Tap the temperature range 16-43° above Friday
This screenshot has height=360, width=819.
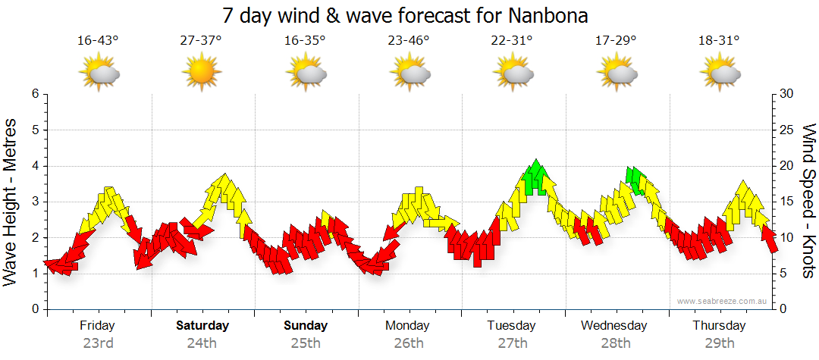click(98, 40)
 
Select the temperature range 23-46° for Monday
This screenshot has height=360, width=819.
click(408, 40)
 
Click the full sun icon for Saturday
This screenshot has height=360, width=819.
click(201, 74)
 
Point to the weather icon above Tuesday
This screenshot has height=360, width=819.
click(512, 74)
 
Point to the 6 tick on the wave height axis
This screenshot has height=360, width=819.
click(34, 94)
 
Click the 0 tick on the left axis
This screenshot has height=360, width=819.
click(34, 309)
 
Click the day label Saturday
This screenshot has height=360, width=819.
click(202, 325)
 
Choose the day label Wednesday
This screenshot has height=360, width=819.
click(614, 325)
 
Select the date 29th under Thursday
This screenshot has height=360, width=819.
click(719, 343)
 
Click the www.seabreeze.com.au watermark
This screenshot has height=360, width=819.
click(723, 301)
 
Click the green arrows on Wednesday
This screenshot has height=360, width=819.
click(635, 180)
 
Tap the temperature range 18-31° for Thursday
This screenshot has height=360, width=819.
click(718, 40)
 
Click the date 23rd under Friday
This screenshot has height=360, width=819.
click(98, 343)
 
